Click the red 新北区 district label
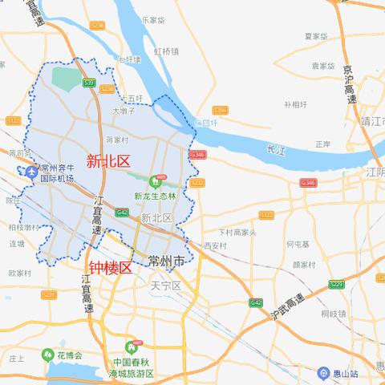tap(108, 161)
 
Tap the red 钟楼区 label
tap(110, 268)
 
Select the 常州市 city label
tap(167, 261)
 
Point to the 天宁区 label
tap(167, 285)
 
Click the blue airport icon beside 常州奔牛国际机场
tap(30, 171)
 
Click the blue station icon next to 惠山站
tap(322, 373)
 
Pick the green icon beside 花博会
tap(47, 355)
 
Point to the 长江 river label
tap(275, 148)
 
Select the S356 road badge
tap(221, 110)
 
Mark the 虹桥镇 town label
tap(166, 51)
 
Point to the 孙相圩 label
tap(295, 104)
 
